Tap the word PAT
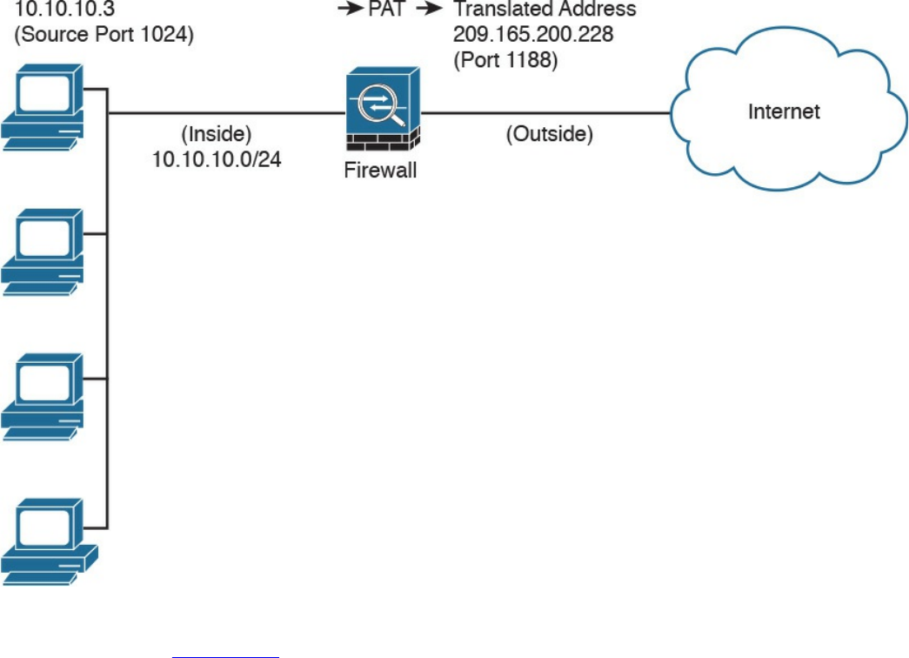[x=387, y=11]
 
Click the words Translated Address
[x=545, y=11]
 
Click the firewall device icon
[x=381, y=111]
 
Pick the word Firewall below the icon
[x=381, y=171]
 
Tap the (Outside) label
[x=549, y=135]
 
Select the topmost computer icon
[x=43, y=106]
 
